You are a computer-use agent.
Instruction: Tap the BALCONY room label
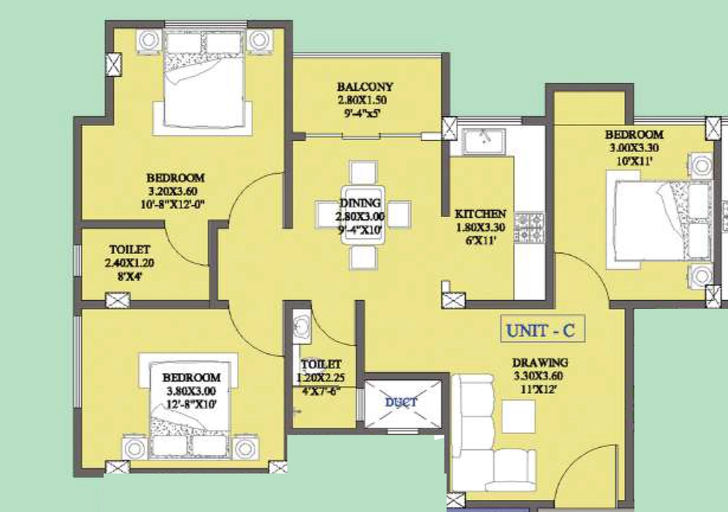[x=365, y=87]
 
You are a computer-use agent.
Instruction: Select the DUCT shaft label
[x=401, y=402]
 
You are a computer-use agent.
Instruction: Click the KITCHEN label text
[x=480, y=214]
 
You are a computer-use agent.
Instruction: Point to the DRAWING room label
[x=540, y=363]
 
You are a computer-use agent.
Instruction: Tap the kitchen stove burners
[x=529, y=227]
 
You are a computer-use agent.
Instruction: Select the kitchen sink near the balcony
[x=483, y=141]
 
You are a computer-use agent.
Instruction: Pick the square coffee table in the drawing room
[x=518, y=417]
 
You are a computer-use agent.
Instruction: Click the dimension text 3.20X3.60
[x=173, y=191]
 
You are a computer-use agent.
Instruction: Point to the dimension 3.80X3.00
[x=191, y=391]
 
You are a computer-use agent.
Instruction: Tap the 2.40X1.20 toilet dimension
[x=129, y=263]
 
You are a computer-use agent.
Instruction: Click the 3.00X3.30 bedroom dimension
[x=634, y=148]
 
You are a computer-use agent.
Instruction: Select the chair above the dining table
[x=363, y=173]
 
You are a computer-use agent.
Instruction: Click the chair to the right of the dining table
[x=399, y=214]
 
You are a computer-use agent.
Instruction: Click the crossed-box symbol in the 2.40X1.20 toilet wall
[x=117, y=300]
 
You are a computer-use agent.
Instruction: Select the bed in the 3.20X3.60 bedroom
[x=203, y=79]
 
